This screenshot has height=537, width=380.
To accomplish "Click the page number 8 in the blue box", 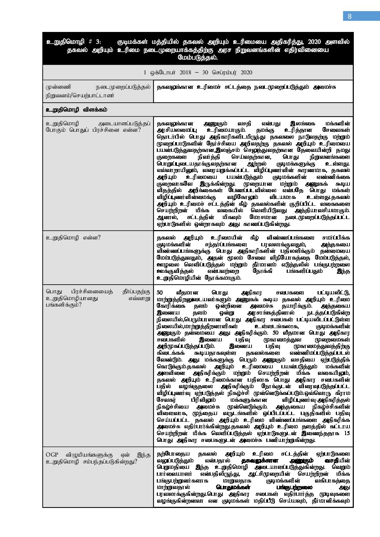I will (349, 16).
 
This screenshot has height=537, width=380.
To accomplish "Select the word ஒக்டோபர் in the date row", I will (159, 73).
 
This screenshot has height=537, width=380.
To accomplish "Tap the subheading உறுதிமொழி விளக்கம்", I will (76, 109).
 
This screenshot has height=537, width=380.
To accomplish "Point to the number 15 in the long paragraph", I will (346, 433).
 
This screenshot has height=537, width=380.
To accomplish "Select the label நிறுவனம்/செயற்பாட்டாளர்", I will (80, 96).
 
